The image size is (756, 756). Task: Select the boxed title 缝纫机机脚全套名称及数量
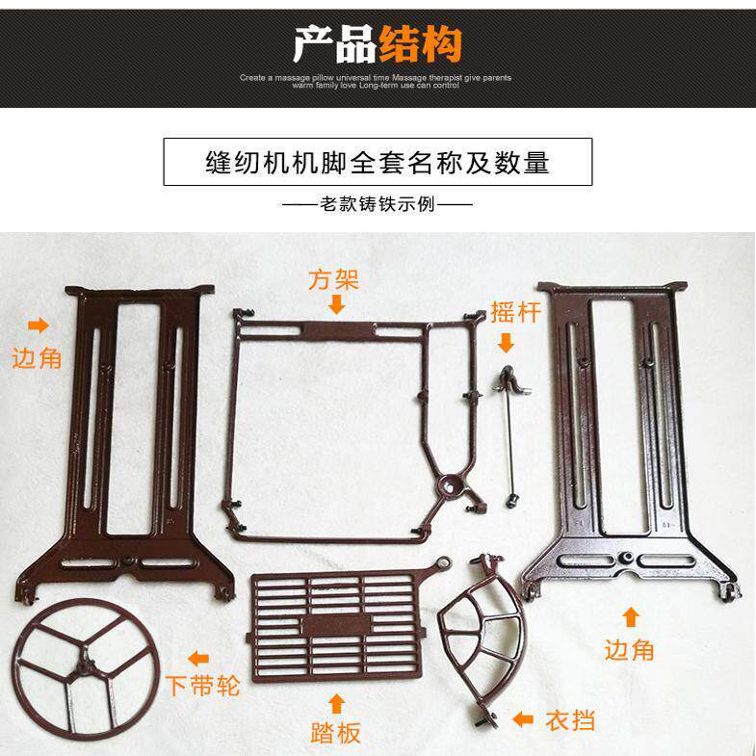(378, 162)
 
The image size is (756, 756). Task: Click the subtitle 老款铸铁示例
(377, 204)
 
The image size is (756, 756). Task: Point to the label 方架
(334, 280)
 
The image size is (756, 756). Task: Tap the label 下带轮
(201, 686)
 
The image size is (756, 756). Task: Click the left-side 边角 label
(37, 358)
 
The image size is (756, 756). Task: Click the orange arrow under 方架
(335, 305)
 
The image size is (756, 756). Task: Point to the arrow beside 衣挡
(523, 718)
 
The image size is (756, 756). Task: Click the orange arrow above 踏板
(336, 700)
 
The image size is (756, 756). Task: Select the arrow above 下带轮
(198, 659)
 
